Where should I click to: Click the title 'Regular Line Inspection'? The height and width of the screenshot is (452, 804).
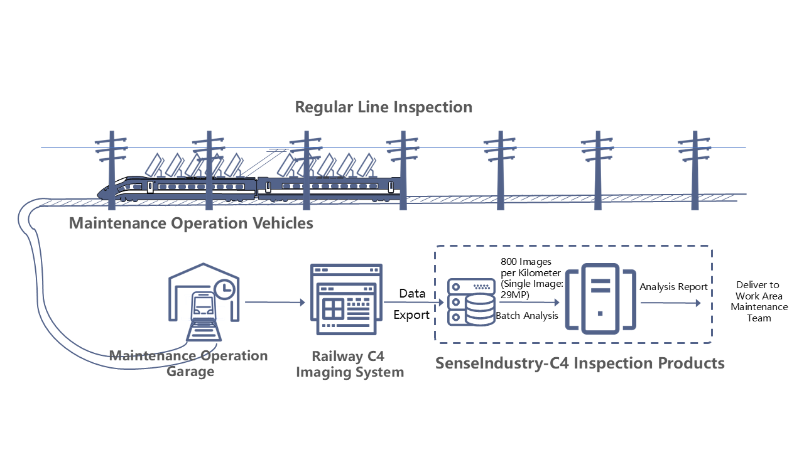pyautogui.click(x=384, y=107)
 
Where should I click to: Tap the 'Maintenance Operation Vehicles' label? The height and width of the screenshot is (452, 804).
pyautogui.click(x=191, y=223)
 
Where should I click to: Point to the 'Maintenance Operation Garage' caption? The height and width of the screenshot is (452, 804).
pyautogui.click(x=189, y=363)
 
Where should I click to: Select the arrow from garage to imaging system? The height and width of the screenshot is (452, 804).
pyautogui.click(x=274, y=302)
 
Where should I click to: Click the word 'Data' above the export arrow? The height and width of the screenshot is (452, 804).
pyautogui.click(x=412, y=293)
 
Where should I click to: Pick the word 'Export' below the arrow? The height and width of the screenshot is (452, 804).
pyautogui.click(x=411, y=315)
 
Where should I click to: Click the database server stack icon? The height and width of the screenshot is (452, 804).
pyautogui.click(x=470, y=302)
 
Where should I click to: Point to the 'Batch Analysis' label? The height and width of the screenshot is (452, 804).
pyautogui.click(x=527, y=316)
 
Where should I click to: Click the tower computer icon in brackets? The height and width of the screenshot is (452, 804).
pyautogui.click(x=600, y=298)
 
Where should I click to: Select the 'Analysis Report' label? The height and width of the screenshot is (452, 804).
pyautogui.click(x=673, y=287)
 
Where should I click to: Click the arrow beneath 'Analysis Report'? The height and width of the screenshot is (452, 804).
pyautogui.click(x=670, y=302)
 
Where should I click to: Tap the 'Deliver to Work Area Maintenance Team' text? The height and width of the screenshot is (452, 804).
pyautogui.click(x=758, y=301)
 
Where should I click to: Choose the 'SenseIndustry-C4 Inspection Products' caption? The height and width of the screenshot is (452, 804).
pyautogui.click(x=580, y=363)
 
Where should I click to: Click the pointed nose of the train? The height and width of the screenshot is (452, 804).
pyautogui.click(x=100, y=192)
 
